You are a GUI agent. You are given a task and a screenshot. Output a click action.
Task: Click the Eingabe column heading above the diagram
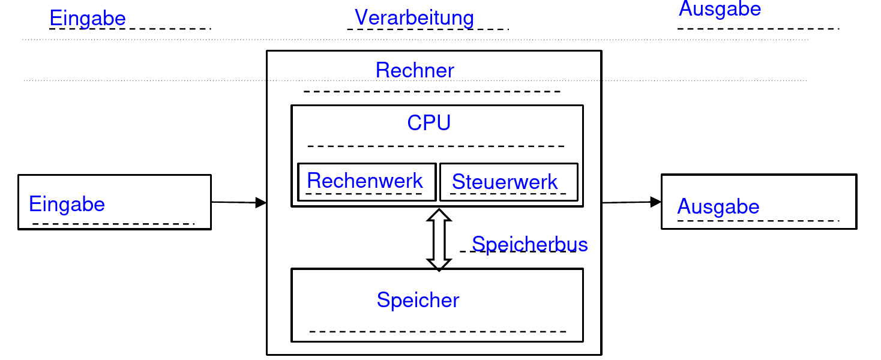(x=88, y=18)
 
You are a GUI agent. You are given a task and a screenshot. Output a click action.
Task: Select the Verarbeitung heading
(x=414, y=17)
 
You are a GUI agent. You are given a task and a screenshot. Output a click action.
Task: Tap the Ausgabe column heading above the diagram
(x=720, y=9)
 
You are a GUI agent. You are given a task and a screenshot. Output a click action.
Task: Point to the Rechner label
(x=415, y=70)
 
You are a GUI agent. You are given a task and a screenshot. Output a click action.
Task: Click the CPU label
(x=428, y=122)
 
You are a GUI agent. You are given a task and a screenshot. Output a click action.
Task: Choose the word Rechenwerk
(x=365, y=181)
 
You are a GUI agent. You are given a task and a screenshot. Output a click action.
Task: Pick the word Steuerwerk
(x=505, y=182)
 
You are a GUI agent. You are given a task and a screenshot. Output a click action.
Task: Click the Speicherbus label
(x=529, y=244)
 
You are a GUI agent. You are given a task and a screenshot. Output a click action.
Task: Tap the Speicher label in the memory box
(x=418, y=300)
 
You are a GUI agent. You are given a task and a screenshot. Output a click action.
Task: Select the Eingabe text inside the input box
(x=67, y=205)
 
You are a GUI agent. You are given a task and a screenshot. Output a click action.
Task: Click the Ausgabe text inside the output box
(x=718, y=207)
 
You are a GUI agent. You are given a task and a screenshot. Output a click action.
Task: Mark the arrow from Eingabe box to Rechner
(x=238, y=203)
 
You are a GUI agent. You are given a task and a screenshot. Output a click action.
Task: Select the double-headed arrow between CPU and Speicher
(x=439, y=239)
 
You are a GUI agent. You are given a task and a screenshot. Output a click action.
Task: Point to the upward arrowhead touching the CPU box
(x=439, y=215)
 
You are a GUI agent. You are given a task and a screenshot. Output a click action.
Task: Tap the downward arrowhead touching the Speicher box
(x=439, y=264)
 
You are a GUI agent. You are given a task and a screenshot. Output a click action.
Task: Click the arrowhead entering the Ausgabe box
(x=656, y=202)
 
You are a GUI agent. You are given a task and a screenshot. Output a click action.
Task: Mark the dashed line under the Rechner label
(x=431, y=92)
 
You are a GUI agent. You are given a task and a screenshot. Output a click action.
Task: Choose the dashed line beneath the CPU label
(x=436, y=146)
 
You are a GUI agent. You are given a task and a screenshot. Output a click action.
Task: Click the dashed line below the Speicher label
(x=438, y=331)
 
